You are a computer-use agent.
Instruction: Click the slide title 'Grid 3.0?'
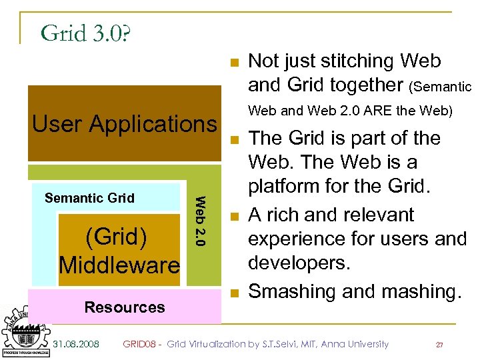coord(85,33)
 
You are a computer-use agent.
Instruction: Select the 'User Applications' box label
coord(125,124)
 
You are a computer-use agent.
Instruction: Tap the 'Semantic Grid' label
coord(89,198)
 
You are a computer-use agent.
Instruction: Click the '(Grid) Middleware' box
coord(119,251)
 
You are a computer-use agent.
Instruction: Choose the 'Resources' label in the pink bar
coord(125,307)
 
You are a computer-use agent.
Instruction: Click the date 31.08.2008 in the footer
coord(76,344)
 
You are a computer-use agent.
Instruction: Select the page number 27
coord(439,345)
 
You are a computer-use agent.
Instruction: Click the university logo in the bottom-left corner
coord(25,331)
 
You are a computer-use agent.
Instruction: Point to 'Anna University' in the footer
coord(355,344)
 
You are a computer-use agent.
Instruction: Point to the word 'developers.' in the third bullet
coord(299,262)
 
